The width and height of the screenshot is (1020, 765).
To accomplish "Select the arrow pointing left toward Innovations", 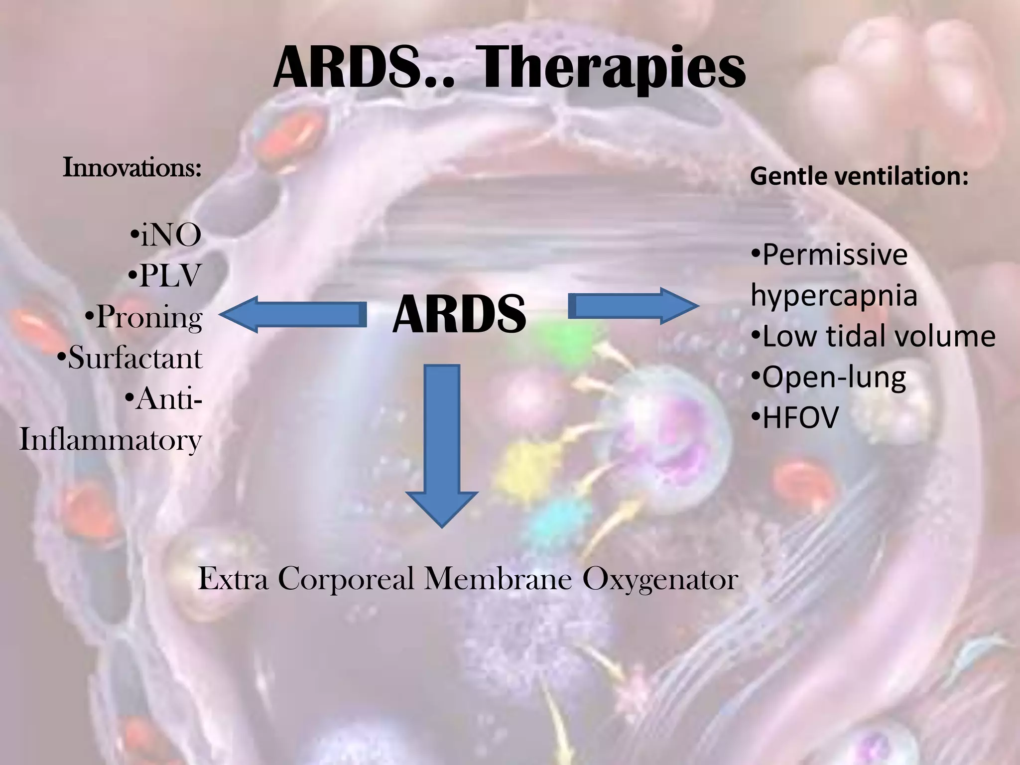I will [289, 314].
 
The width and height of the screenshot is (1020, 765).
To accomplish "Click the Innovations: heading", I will [132, 168].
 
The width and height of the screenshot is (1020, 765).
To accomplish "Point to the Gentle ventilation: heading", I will [859, 176].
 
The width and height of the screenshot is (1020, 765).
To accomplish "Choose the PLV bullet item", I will [165, 276].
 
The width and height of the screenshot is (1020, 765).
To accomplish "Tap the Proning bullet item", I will [144, 317].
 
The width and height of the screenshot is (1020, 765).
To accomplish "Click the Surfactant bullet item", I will [130, 358].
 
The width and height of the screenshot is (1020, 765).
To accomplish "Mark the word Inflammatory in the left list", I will [110, 440].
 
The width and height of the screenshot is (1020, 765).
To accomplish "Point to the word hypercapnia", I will [834, 295].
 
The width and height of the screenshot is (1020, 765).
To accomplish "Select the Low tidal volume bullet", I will [873, 336].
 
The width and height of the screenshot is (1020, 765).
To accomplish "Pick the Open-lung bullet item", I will [828, 377].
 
